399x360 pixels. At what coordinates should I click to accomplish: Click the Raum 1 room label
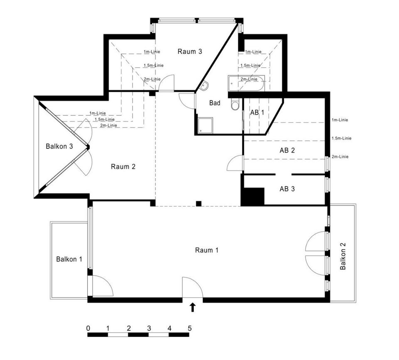pos(207,250)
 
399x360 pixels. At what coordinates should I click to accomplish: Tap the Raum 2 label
pos(123,167)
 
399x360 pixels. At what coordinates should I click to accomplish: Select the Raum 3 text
pos(190,51)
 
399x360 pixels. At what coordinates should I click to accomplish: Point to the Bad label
pos(215,103)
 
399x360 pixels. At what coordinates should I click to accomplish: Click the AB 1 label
pos(257,113)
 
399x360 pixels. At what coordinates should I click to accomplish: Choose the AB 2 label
pos(287,150)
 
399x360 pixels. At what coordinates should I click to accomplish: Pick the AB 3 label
pos(287,189)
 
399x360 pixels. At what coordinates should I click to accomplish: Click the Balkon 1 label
pos(69,260)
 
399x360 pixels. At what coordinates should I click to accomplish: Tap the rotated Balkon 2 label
pos(343,256)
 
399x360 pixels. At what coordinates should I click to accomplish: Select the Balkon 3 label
pos(59,147)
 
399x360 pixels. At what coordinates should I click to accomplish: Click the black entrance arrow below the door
pos(192,307)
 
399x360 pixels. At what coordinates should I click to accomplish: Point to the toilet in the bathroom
pos(235,105)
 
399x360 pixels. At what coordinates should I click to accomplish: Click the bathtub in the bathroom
pos(246,83)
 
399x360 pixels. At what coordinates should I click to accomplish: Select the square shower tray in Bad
pos(205,125)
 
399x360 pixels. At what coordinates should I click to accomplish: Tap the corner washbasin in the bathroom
pos(204,86)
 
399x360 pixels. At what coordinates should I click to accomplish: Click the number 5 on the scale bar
pos(190,328)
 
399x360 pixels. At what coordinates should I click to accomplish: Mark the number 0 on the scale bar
pos(88,328)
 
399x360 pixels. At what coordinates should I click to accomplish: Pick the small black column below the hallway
pos(199,203)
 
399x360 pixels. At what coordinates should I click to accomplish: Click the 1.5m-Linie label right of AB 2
pos(342,138)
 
